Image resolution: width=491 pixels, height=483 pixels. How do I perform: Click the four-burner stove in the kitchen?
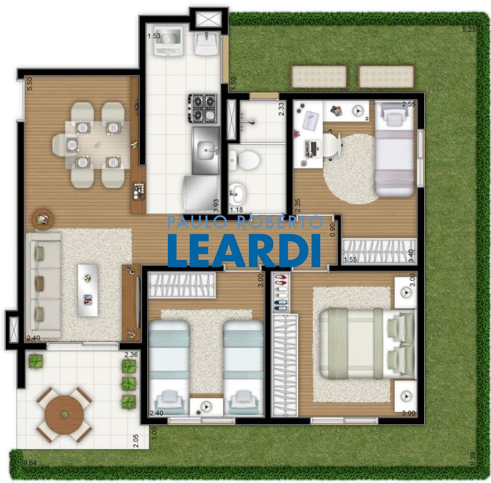coord(204,108)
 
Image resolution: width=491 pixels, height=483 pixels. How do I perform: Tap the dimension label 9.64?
coord(31,463)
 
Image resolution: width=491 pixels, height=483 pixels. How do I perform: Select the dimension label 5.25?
coord(469,30)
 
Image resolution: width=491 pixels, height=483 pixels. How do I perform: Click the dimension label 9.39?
coord(473,459)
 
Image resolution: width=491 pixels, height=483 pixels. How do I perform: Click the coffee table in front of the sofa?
coord(88,290)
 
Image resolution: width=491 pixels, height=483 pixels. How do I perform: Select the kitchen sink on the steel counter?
coord(207,151)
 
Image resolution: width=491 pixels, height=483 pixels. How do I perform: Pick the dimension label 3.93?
coord(216,205)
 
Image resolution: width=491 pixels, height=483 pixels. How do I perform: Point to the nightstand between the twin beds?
coord(206,406)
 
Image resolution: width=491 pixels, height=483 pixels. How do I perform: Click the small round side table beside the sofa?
coord(43,219)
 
